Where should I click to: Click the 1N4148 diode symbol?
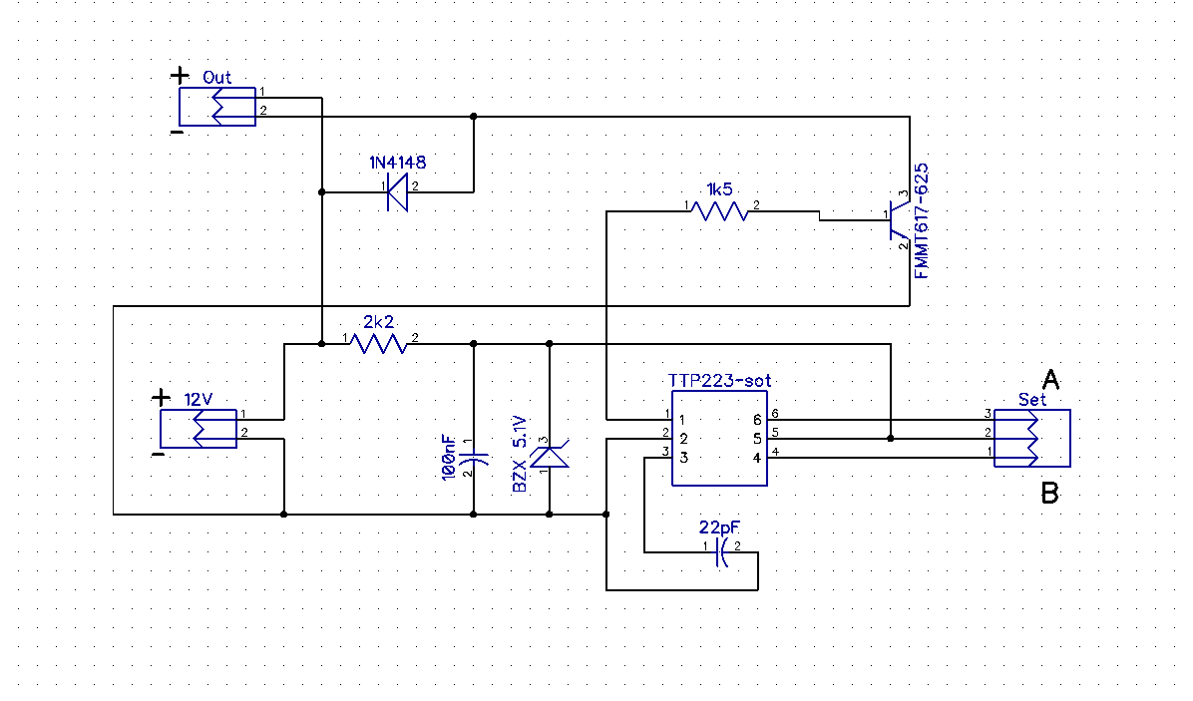tap(398, 192)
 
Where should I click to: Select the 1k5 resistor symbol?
tap(721, 211)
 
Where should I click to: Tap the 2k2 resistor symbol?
tap(380, 344)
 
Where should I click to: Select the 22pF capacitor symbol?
tap(721, 552)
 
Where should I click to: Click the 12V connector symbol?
tap(199, 428)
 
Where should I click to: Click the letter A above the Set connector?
tap(1049, 379)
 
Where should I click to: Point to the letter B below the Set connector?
tap(1049, 493)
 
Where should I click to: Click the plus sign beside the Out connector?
tap(180, 75)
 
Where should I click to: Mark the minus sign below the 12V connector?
tap(157, 455)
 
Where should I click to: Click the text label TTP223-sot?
tap(719, 381)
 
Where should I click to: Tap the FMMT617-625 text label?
tap(921, 219)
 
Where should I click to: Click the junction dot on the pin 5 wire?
tap(890, 438)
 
